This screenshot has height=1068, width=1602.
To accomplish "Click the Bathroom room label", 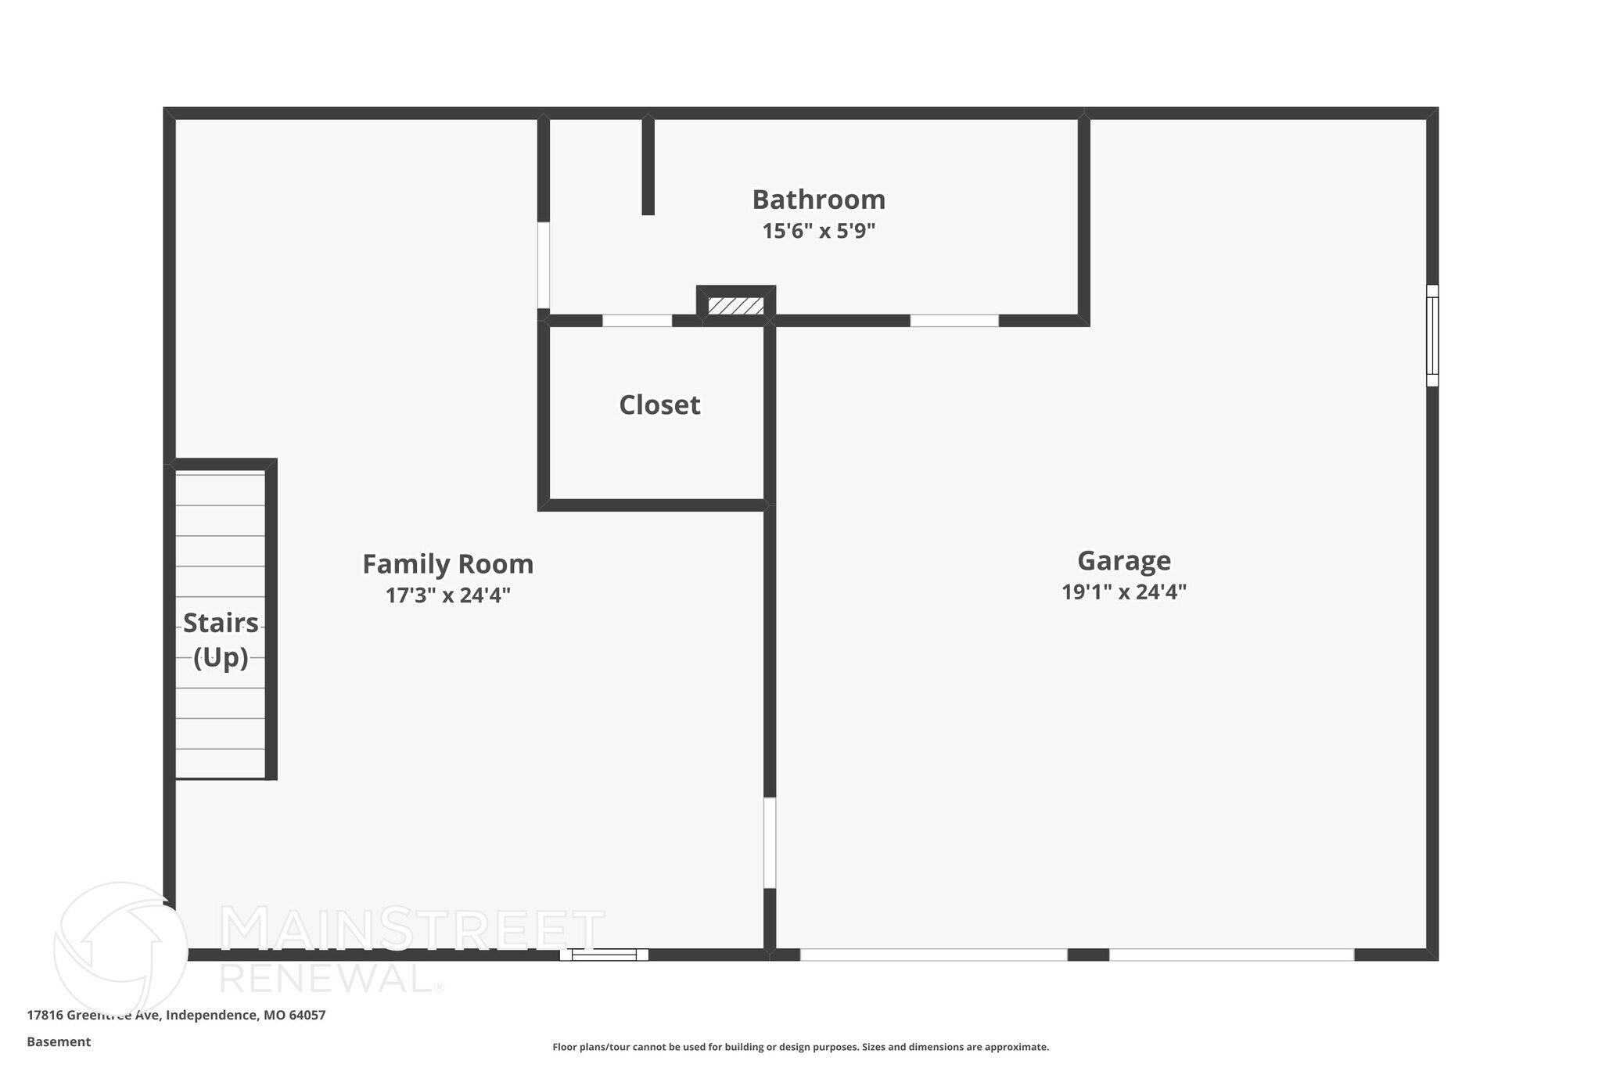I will pos(818,200).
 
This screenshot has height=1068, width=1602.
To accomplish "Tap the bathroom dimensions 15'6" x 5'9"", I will pos(818,231).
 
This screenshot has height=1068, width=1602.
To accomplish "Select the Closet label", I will pos(659,405).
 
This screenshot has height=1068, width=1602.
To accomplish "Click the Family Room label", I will pos(447,564).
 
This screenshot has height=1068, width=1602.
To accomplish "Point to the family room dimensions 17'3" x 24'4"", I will pos(447,595).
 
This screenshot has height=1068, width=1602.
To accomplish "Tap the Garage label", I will pos(1123,560).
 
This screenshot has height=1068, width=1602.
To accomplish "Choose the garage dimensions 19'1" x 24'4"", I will pos(1123,592).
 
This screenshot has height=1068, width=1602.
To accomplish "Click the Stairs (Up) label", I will pos(221,640).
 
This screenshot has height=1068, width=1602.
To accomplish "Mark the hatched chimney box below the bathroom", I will pos(735,305).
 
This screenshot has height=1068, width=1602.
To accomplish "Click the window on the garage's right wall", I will pos(1432,335).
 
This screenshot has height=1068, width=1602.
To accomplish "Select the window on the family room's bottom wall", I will pos(604,955).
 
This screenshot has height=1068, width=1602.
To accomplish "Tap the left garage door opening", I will pos(933,955).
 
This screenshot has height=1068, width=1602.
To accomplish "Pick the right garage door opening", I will pos(1231,955).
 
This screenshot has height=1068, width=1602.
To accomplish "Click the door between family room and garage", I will pos(770,843).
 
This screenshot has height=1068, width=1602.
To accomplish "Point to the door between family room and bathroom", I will pos(543,265).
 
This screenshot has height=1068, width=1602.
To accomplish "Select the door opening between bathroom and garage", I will pos(954,320).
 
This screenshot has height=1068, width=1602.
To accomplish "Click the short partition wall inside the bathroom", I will pos(648,166).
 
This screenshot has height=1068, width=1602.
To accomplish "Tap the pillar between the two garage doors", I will pos(1088,955).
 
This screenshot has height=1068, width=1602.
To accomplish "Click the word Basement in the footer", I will pos(59,1041).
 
